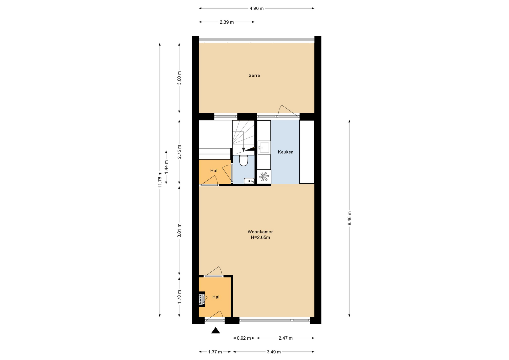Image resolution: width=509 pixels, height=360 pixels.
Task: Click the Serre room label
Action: point(254,76)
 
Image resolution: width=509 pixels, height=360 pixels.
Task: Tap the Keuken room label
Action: point(286,152)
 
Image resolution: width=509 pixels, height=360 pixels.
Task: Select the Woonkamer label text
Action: point(260,232)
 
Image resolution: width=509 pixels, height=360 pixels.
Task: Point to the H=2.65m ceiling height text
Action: point(260,238)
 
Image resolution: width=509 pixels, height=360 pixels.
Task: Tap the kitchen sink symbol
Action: point(264,147)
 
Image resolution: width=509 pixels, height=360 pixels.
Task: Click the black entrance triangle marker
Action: point(216,330)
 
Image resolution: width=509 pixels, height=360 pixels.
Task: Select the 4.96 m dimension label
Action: point(257,8)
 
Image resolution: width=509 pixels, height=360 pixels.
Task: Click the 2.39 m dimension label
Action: point(227,22)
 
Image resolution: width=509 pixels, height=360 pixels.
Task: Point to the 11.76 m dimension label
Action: point(160,179)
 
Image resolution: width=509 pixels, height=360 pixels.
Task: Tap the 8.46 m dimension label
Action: point(349,218)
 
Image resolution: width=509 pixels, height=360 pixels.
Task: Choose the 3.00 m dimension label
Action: point(179,78)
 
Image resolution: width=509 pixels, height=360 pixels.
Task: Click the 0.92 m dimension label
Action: point(244,338)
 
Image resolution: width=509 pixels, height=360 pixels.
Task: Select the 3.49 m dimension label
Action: point(274,352)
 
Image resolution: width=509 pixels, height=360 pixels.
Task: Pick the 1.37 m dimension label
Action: point(215,352)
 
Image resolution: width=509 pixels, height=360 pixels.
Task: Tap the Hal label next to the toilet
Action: point(214,171)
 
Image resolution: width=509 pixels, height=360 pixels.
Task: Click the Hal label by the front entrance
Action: point(216,297)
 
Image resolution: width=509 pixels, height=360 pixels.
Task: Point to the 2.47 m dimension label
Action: point(286,338)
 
